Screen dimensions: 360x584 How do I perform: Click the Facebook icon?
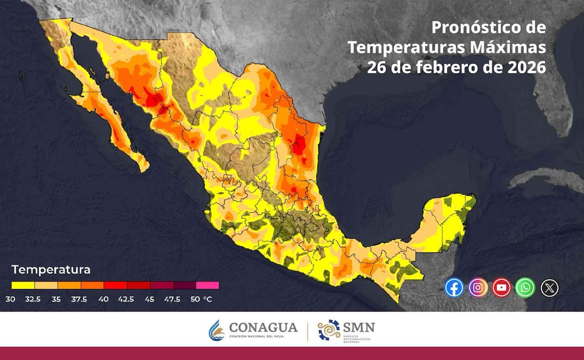click(x=454, y=288)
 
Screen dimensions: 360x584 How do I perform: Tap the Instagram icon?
click(x=478, y=288)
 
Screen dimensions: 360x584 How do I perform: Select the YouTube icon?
click(x=501, y=288)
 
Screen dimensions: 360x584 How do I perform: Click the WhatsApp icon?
click(x=525, y=288)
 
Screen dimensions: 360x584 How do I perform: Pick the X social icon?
click(x=549, y=288)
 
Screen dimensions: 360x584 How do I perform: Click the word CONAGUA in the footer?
click(x=263, y=327)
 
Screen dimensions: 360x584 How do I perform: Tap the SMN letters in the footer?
click(x=359, y=327)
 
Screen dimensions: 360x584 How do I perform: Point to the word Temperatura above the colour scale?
click(x=51, y=270)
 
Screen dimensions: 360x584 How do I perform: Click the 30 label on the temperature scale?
click(x=11, y=299)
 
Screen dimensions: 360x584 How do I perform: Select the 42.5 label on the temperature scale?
click(x=126, y=299)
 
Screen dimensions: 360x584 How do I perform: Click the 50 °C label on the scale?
click(x=201, y=299)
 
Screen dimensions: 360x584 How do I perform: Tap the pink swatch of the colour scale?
click(x=208, y=286)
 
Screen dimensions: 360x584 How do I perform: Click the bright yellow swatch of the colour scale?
click(x=23, y=286)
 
